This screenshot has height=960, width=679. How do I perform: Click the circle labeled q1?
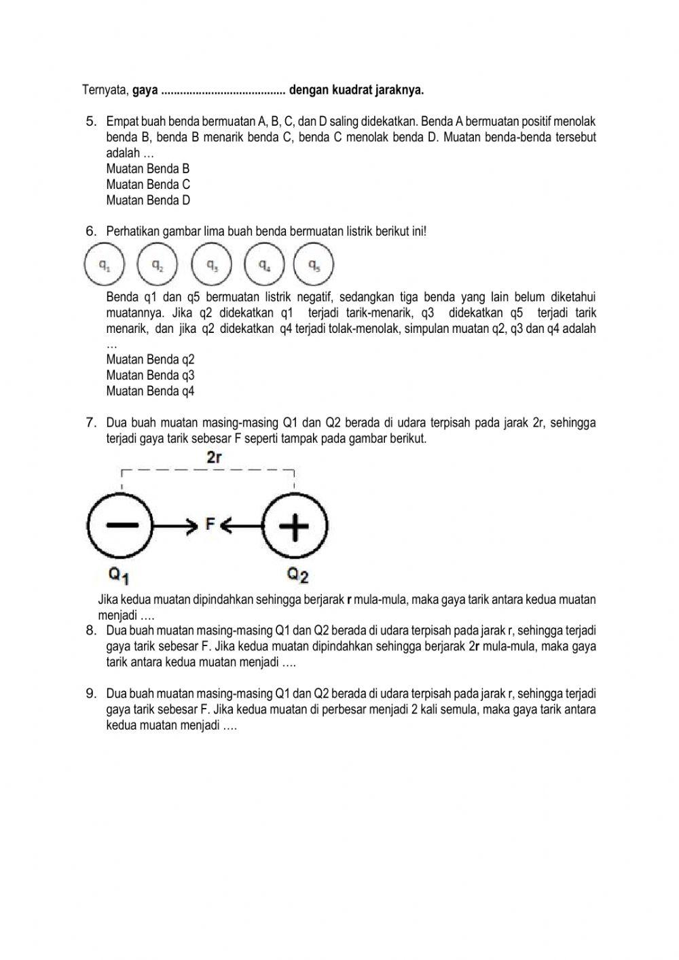[103, 265]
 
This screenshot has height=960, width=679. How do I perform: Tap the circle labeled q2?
[157, 265]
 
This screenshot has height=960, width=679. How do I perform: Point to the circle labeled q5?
[314, 265]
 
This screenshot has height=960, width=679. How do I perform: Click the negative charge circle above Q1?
[122, 525]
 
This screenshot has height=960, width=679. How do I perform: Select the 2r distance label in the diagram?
[214, 458]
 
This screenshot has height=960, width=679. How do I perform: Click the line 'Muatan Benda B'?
[147, 168]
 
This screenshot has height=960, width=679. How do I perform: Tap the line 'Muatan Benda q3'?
[150, 376]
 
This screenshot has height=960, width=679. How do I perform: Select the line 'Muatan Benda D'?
[148, 200]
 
